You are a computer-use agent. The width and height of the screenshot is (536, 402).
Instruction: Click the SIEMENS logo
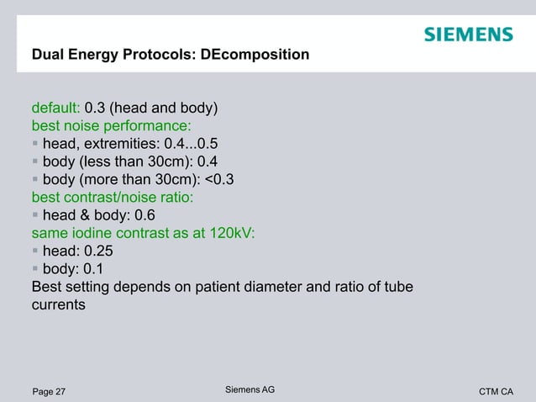click(468, 34)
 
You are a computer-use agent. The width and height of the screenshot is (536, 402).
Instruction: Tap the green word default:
click(55, 108)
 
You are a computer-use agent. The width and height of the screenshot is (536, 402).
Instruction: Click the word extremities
click(121, 144)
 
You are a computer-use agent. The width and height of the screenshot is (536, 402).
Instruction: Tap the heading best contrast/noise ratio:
click(113, 197)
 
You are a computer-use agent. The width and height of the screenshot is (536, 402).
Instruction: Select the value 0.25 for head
click(98, 251)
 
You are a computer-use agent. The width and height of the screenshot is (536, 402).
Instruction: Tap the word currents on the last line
click(58, 304)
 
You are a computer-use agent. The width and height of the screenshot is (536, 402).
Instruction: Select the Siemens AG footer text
click(250, 389)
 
